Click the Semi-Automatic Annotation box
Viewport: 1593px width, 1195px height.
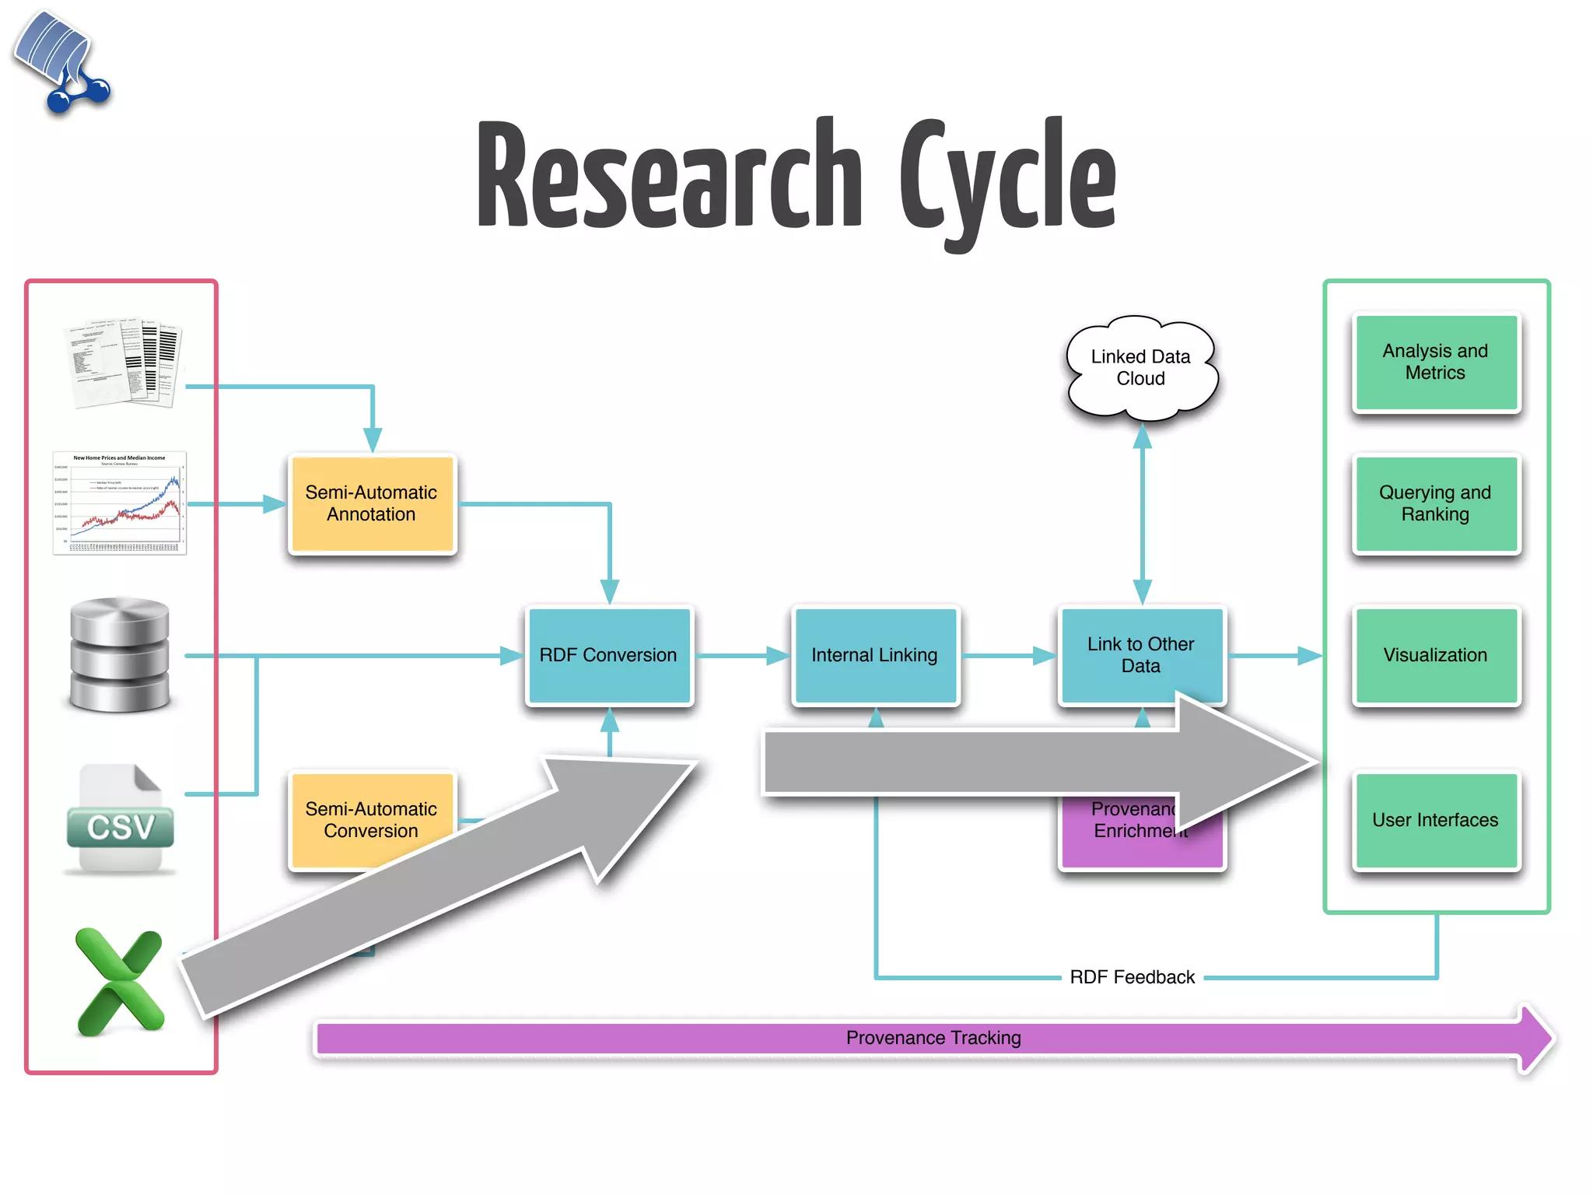click(x=372, y=504)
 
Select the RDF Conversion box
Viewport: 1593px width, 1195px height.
click(x=608, y=655)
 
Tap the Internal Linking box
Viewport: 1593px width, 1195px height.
click(x=874, y=655)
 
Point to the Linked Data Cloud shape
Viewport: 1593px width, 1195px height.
click(x=1140, y=367)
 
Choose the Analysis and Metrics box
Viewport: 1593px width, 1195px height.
click(x=1435, y=362)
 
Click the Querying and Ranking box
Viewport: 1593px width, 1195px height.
click(x=1435, y=503)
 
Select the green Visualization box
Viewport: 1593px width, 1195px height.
click(x=1435, y=655)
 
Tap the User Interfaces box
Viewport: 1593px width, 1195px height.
click(x=1435, y=820)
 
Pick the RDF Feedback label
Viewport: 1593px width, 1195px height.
click(x=1132, y=977)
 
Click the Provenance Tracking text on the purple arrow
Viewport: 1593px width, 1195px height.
click(x=933, y=1038)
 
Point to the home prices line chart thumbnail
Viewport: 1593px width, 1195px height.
click(x=119, y=503)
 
